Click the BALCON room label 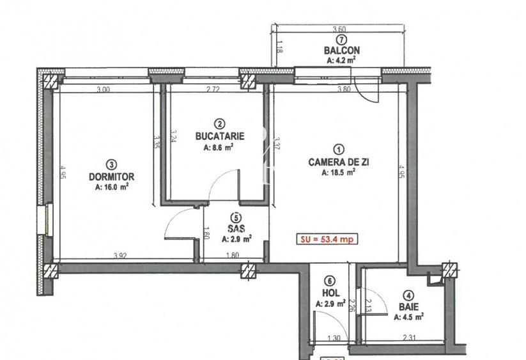[x=341, y=51]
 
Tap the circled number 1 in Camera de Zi [x=339, y=150]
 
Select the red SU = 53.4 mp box [x=327, y=239]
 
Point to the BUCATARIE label [x=220, y=136]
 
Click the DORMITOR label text [x=111, y=176]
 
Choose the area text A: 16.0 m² [x=111, y=187]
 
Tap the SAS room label [x=236, y=228]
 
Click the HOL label [x=331, y=293]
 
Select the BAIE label [x=408, y=307]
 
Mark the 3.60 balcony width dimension [x=339, y=29]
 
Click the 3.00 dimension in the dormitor [x=103, y=90]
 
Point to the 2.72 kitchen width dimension [x=213, y=90]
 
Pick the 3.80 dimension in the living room [x=344, y=90]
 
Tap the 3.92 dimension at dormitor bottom [x=120, y=256]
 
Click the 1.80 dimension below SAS [x=233, y=255]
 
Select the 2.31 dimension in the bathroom [x=408, y=337]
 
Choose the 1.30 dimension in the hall [x=334, y=338]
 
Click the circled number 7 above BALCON [x=341, y=40]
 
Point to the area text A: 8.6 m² [x=219, y=147]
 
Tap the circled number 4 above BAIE [x=408, y=296]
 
